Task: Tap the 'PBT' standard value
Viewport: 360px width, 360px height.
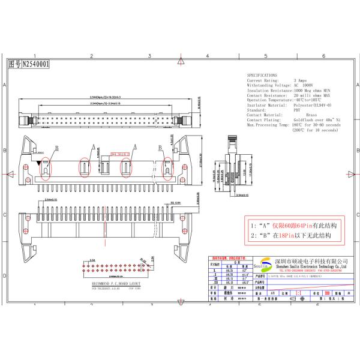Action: (x=296, y=109)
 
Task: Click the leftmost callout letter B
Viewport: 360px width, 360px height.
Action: (x=57, y=148)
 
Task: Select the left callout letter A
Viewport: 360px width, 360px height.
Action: (x=94, y=146)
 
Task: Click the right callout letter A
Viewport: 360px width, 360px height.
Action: (x=134, y=146)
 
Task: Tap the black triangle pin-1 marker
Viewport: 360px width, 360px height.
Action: (x=39, y=163)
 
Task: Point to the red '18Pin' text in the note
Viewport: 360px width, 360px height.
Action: (x=288, y=236)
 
